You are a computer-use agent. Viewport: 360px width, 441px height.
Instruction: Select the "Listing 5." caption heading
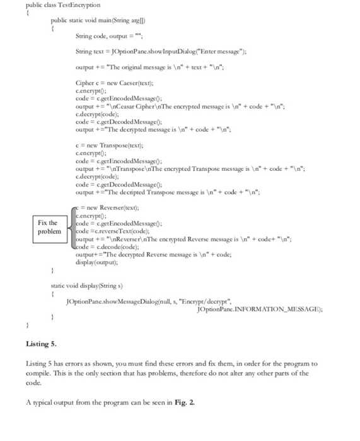42,344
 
